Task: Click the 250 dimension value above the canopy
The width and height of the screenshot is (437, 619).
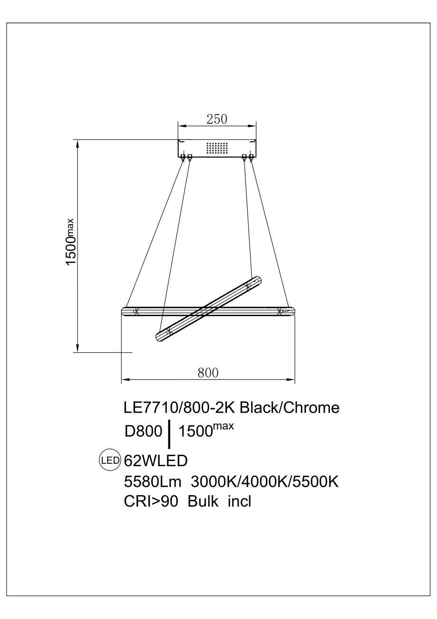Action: pyautogui.click(x=217, y=119)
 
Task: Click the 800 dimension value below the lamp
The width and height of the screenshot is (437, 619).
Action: pyautogui.click(x=208, y=373)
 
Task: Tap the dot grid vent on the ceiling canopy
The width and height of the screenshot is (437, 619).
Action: pyautogui.click(x=217, y=148)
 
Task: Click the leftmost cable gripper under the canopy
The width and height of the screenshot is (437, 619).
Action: pyautogui.click(x=183, y=157)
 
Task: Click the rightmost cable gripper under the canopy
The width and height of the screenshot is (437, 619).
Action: pyautogui.click(x=251, y=157)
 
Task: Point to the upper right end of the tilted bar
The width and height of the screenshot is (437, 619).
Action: pyautogui.click(x=258, y=280)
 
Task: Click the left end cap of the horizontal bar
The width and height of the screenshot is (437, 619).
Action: pyautogui.click(x=125, y=312)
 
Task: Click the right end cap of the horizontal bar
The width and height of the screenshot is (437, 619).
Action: pyautogui.click(x=291, y=312)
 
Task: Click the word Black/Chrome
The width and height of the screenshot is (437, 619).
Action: pyautogui.click(x=289, y=408)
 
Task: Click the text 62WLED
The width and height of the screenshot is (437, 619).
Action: pyautogui.click(x=155, y=461)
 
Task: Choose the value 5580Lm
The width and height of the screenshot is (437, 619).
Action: pyautogui.click(x=153, y=482)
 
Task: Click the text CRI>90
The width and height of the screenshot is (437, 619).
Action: pyautogui.click(x=150, y=502)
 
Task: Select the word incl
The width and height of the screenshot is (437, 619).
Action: pyautogui.click(x=239, y=502)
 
